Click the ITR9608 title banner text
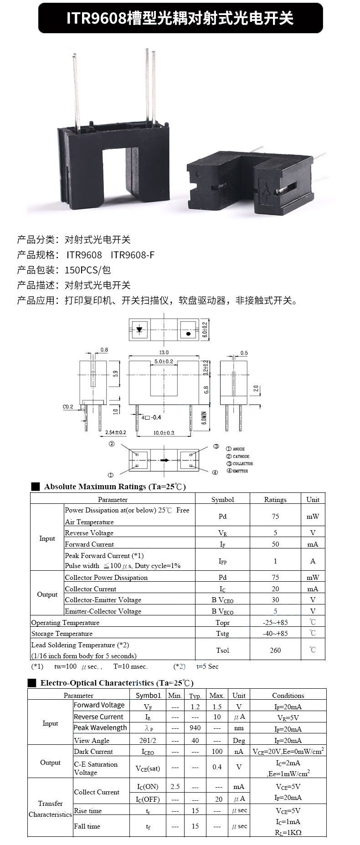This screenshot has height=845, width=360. tap(180, 18)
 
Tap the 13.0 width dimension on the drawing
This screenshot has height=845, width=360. tap(164, 352)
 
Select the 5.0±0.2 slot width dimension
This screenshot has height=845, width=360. tap(164, 361)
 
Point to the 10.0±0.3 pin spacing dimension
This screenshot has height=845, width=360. tap(164, 432)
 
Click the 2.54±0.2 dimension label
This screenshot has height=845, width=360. tap(115, 432)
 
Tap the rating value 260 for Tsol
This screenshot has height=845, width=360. tap(275, 650)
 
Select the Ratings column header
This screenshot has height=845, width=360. tap(275, 499)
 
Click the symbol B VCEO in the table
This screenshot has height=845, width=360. tap(222, 600)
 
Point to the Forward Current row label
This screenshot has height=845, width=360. tap(89, 544)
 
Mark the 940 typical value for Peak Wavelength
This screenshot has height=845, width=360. tap(195, 728)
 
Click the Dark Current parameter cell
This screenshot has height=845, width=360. tap(93, 751)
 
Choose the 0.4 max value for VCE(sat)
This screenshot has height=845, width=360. tap(217, 767)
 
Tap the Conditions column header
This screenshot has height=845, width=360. tap(288, 695)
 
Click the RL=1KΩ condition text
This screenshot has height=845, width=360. tap(288, 832)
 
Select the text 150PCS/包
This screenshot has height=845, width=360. tap(87, 270)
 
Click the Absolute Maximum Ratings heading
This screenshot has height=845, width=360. tap(115, 487)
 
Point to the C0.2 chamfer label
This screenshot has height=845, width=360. tap(68, 407)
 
